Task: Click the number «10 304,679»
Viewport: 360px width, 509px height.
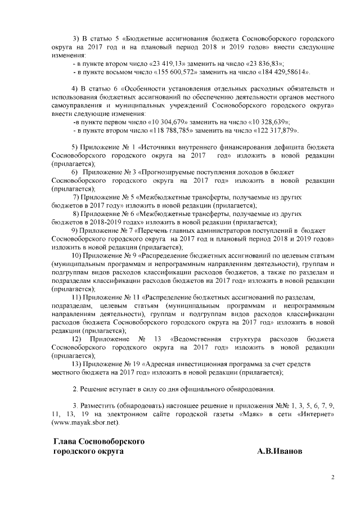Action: [167, 122]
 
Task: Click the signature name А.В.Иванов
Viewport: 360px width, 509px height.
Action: [280, 451]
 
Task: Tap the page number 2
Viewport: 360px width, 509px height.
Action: [332, 478]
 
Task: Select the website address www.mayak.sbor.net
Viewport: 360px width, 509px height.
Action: [85, 421]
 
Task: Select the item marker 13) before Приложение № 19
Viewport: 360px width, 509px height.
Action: [79, 364]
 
